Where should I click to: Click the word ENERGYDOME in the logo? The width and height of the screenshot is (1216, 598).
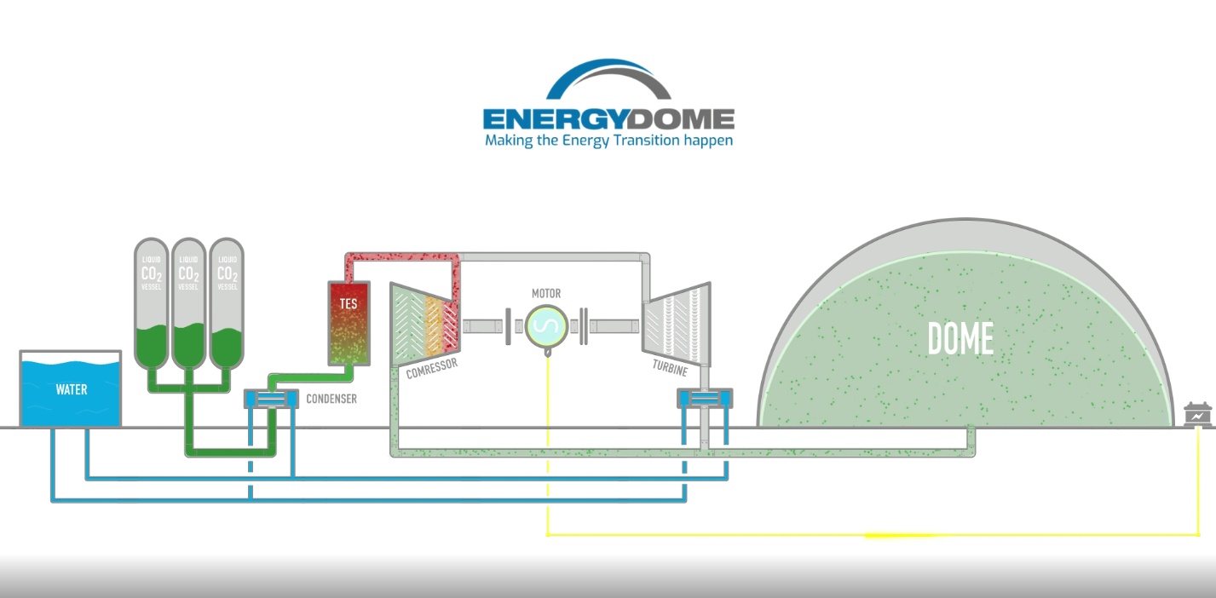pyautogui.click(x=608, y=118)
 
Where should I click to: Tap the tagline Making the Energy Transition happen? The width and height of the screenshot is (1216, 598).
pyautogui.click(x=608, y=140)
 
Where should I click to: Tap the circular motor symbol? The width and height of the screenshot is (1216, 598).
pyautogui.click(x=545, y=325)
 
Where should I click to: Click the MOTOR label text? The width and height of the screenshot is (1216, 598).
pyautogui.click(x=546, y=294)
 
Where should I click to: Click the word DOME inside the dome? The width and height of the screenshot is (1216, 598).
pyautogui.click(x=960, y=340)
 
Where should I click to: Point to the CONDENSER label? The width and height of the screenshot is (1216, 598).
pyautogui.click(x=331, y=399)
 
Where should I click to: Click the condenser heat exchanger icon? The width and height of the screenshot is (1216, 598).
pyautogui.click(x=271, y=399)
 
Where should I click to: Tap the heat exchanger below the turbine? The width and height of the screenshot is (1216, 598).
pyautogui.click(x=704, y=398)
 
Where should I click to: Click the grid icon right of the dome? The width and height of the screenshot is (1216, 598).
pyautogui.click(x=1198, y=415)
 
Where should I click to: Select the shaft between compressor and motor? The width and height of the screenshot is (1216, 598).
pyautogui.click(x=483, y=326)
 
